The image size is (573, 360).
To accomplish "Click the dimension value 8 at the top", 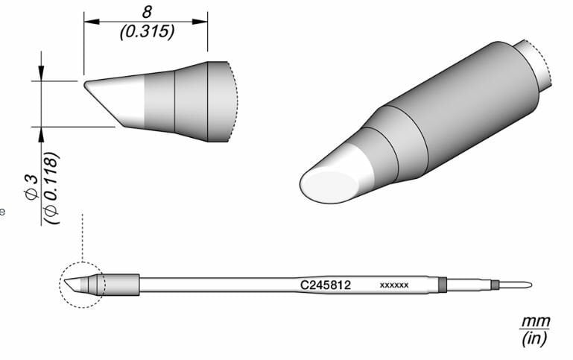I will tap(146, 13).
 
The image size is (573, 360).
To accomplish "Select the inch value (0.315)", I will tap(146, 31).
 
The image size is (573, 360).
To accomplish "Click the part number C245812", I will tap(325, 285).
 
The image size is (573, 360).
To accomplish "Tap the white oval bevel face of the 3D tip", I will tap(328, 183).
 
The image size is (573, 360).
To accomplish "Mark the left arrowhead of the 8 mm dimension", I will tap(89, 22).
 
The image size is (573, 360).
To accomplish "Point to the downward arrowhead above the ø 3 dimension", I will tap(41, 73).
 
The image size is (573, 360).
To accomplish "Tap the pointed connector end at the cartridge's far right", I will tap(525, 284).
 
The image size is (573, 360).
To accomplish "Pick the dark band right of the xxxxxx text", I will tap(443, 284).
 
